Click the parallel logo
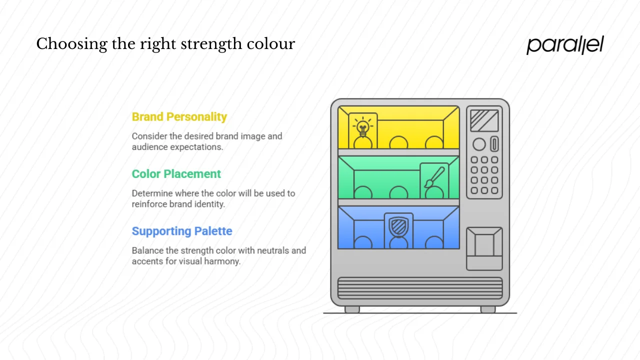[x=565, y=45]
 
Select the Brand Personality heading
[x=179, y=117]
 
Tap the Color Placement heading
[x=176, y=174]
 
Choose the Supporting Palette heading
[x=182, y=231]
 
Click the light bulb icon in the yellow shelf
[x=363, y=127]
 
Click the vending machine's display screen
[x=484, y=120]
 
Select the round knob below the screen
[x=479, y=144]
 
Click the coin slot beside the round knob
[x=494, y=144]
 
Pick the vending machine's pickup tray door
[x=484, y=244]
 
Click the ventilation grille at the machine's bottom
[x=420, y=288]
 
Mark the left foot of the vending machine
[x=352, y=309]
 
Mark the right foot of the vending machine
[x=488, y=309]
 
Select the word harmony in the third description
[x=222, y=261]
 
